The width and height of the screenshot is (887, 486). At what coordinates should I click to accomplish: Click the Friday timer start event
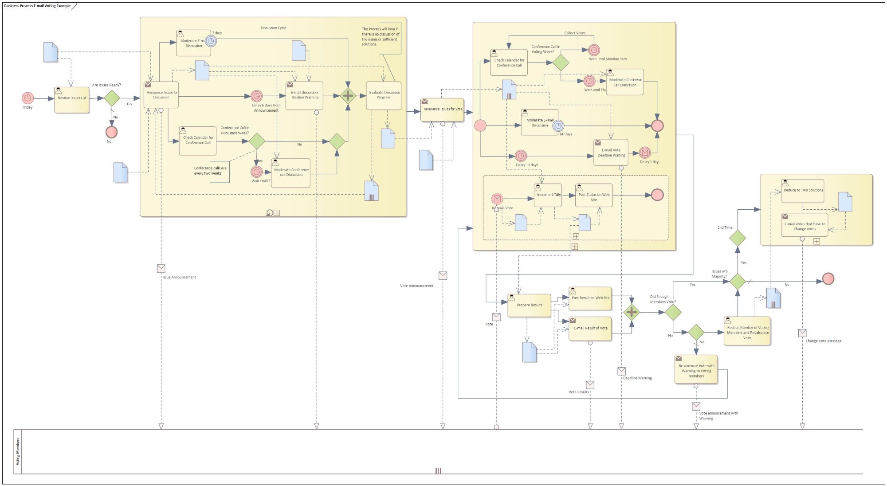[x=27, y=98]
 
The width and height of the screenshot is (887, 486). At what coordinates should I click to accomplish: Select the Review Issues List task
[x=72, y=100]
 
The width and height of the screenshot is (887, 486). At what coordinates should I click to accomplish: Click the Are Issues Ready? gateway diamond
[x=112, y=98]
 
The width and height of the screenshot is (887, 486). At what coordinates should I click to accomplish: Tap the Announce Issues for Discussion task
[x=161, y=95]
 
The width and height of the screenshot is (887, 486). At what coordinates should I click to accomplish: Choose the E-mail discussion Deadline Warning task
[x=304, y=96]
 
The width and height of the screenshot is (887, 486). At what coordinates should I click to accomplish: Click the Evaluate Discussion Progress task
[x=384, y=95]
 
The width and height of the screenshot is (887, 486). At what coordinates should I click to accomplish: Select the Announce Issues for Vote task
[x=442, y=110]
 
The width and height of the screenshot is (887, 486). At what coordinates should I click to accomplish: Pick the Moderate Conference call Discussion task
[x=291, y=173]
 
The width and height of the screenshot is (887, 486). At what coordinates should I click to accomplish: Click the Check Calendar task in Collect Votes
[x=509, y=63]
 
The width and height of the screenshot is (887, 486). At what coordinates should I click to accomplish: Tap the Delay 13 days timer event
[x=521, y=156]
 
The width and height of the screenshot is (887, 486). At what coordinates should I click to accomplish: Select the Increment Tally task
[x=548, y=196]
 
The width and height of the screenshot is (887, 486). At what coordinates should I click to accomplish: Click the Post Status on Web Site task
[x=594, y=196]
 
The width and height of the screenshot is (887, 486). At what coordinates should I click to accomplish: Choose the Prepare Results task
[x=529, y=306]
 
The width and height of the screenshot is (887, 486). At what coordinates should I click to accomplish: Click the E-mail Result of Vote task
[x=590, y=329]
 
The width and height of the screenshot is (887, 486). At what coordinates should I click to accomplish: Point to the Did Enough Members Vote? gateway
[x=673, y=313]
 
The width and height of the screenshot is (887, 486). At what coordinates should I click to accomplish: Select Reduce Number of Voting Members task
[x=747, y=331]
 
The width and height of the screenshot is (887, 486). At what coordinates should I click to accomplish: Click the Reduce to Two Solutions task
[x=803, y=191]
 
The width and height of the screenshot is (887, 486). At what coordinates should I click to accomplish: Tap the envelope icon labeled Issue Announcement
[x=161, y=268]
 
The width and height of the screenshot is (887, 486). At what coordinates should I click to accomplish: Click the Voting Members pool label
[x=18, y=451]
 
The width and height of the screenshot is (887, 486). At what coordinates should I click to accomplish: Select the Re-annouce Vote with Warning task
[x=696, y=370]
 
